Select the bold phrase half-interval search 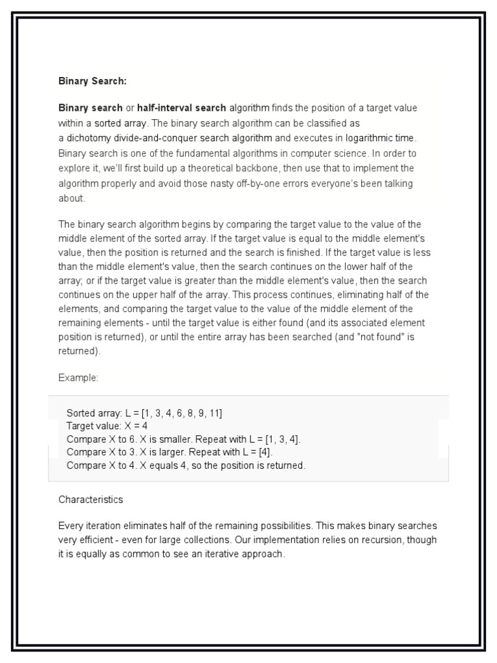pos(181,108)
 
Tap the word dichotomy pos(88,138)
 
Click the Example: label pos(78,377)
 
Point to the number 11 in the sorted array pos(216,413)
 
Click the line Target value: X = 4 pos(107,426)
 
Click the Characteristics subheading pos(91,500)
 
